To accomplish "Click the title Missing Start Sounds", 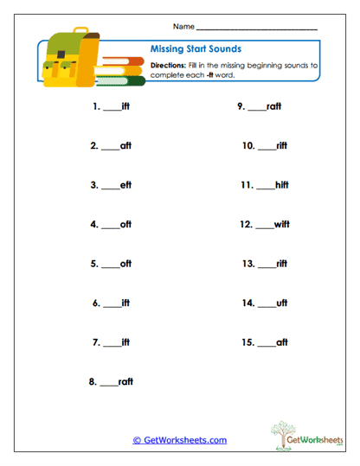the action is pyautogui.click(x=195, y=49).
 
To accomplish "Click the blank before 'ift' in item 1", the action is pyautogui.click(x=111, y=109).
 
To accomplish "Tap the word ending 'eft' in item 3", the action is pyautogui.click(x=125, y=185).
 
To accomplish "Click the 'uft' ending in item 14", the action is pyautogui.click(x=280, y=303).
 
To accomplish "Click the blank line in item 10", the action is pyautogui.click(x=267, y=147).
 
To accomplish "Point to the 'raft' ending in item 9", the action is pyautogui.click(x=273, y=107).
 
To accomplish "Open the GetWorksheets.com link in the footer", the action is pyautogui.click(x=179, y=440).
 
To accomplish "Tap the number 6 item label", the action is pyautogui.click(x=96, y=303).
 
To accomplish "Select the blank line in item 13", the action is pyautogui.click(x=267, y=265).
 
